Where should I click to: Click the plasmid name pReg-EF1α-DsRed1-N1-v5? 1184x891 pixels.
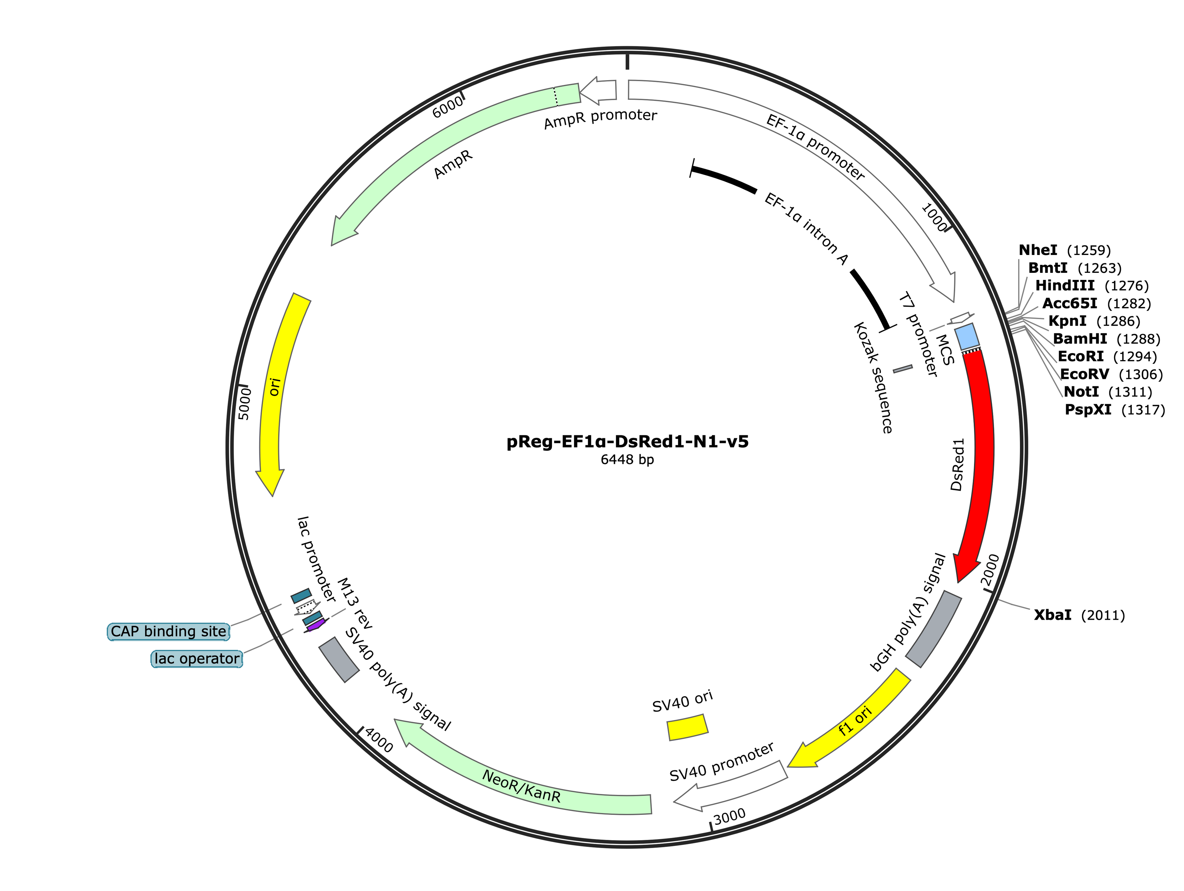pos(627,442)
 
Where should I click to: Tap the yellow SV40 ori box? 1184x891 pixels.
pos(687,727)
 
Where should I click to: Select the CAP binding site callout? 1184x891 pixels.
pos(169,631)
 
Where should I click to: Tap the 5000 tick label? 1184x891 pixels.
pos(244,404)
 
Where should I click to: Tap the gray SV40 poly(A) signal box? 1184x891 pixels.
pos(339,659)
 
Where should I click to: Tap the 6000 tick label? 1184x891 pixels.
pos(447,108)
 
